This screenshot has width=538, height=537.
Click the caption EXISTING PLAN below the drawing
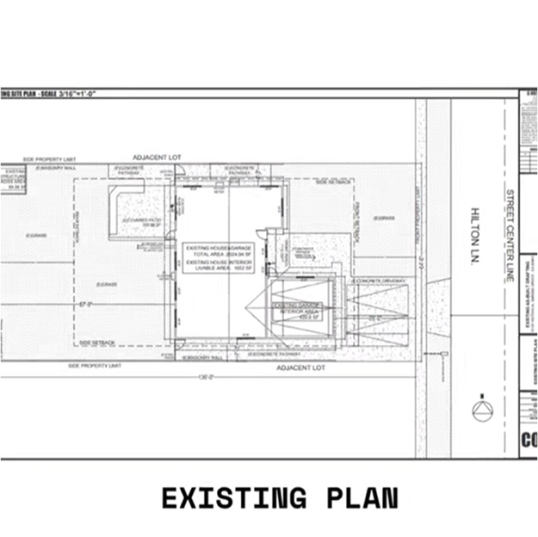point(280,497)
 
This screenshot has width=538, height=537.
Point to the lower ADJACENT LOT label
point(300,367)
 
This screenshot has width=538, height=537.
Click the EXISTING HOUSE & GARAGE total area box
point(219,257)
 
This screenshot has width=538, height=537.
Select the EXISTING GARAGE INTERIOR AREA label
point(296,311)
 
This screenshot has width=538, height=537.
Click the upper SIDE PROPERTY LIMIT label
point(50,160)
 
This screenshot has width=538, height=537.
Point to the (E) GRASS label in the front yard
point(384,218)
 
